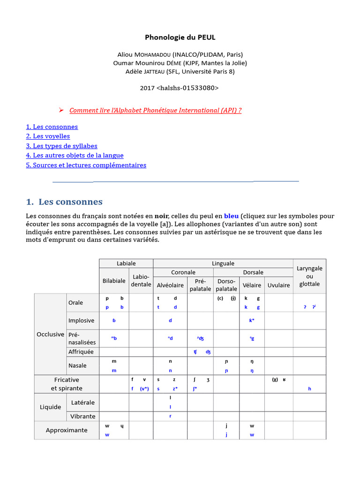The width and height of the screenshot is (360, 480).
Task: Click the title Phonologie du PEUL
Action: pyautogui.click(x=180, y=37)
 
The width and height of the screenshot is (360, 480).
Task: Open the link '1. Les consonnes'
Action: pyautogui.click(x=52, y=127)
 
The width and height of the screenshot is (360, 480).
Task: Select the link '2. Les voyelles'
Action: pyautogui.click(x=48, y=136)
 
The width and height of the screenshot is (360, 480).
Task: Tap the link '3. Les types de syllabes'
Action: pyautogui.click(x=62, y=146)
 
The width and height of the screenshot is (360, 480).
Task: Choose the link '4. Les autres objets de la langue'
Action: pyautogui.click(x=75, y=156)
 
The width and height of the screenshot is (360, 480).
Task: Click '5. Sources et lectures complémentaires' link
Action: pyautogui.click(x=86, y=165)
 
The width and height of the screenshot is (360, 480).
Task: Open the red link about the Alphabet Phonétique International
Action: pyautogui.click(x=155, y=111)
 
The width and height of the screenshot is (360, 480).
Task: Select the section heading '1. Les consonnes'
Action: pyautogui.click(x=64, y=202)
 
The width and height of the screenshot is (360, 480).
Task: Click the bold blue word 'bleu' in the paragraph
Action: pyautogui.click(x=231, y=216)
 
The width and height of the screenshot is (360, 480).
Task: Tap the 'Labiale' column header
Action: pyautogui.click(x=126, y=263)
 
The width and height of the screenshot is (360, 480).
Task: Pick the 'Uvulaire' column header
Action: pyautogui.click(x=278, y=285)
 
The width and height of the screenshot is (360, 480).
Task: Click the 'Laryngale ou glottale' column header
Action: pyautogui.click(x=309, y=276)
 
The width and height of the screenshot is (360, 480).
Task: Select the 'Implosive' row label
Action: pyautogui.click(x=81, y=321)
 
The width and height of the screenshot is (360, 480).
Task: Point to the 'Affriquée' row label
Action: pyautogui.click(x=81, y=352)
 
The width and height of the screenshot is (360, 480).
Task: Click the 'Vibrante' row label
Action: pyautogui.click(x=82, y=416)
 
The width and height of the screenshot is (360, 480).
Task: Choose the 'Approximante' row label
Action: pyautogui.click(x=67, y=430)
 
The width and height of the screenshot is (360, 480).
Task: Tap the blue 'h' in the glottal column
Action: pyautogui.click(x=309, y=389)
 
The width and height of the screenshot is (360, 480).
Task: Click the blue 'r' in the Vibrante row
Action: pyautogui.click(x=170, y=416)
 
